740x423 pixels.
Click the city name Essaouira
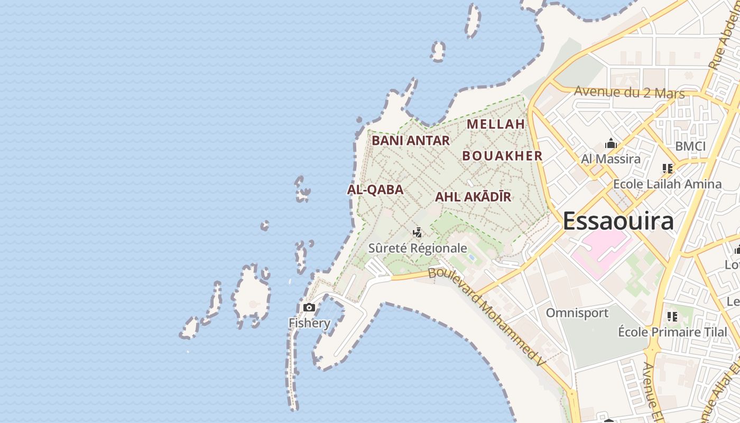coord(618,221)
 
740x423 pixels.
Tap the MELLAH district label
coord(496,124)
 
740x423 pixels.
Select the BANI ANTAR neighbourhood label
coord(411,141)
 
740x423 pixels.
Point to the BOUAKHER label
coord(502,156)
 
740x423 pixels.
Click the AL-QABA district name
coord(375,190)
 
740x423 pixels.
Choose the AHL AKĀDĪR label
coord(473,197)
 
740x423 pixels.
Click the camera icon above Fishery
coord(309,307)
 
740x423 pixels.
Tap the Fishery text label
coord(309,323)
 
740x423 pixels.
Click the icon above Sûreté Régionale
coord(417,232)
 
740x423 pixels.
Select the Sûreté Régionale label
coord(418,248)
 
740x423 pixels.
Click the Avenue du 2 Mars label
coord(629,93)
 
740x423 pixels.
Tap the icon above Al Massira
coord(611,143)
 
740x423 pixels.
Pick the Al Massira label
coord(610,159)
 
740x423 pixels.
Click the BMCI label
coord(690,146)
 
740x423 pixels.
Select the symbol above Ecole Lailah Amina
coord(667,169)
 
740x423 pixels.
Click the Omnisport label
coord(577,312)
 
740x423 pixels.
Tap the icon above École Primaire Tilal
coord(672,317)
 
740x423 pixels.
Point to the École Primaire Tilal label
coord(672,332)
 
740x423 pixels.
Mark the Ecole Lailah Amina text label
coord(667,184)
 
